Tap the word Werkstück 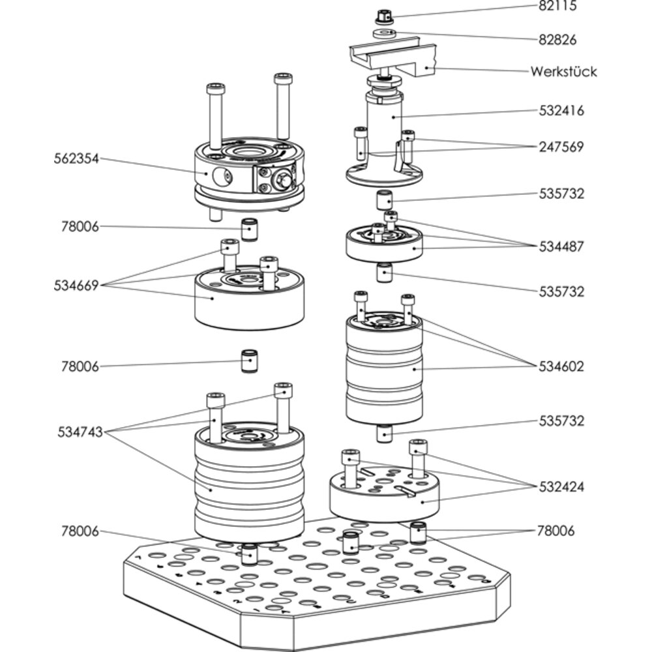coord(563,71)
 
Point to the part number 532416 coord(561,111)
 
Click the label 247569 coord(561,147)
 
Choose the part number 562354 coord(76,158)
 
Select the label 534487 coord(561,246)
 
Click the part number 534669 coord(76,285)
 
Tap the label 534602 coord(561,366)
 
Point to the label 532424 coord(561,487)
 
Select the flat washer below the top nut coord(385,33)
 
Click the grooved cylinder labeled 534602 coord(383,372)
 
